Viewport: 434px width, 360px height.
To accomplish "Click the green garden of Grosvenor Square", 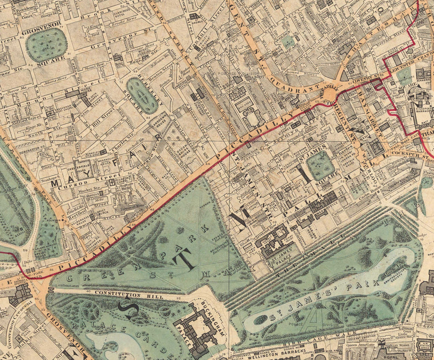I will pyautogui.click(x=46, y=45).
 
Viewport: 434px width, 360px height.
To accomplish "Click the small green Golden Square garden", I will pyautogui.click(x=288, y=41).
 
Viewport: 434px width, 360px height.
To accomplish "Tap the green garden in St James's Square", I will pyautogui.click(x=320, y=165).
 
